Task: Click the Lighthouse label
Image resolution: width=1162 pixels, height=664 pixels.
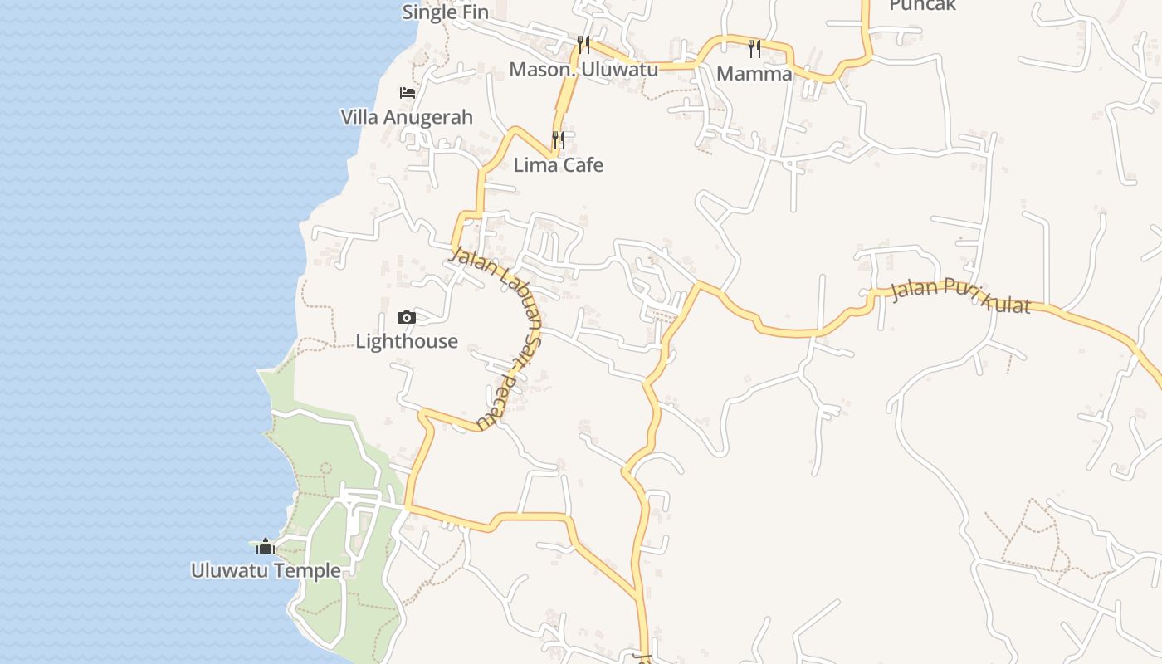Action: [407, 341]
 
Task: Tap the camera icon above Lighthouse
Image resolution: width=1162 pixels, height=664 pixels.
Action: [406, 317]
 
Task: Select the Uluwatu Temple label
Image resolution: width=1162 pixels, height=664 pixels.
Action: [266, 570]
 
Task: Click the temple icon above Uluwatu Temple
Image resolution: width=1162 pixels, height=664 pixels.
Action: [266, 546]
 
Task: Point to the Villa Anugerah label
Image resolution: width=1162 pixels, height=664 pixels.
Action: [407, 117]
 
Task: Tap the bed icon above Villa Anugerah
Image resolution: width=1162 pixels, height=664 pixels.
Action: [407, 92]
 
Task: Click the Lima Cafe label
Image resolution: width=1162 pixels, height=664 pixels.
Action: [559, 164]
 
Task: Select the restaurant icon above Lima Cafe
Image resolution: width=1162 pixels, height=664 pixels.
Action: [559, 139]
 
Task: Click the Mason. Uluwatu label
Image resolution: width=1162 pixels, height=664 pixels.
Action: [583, 69]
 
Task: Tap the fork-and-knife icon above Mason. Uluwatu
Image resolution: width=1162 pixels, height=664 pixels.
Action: [583, 44]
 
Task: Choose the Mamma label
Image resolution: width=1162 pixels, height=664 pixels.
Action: [754, 73]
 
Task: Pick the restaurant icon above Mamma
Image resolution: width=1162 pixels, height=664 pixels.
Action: [754, 48]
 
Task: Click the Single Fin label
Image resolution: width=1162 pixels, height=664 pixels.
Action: [445, 12]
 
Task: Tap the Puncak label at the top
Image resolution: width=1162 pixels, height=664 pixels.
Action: [922, 5]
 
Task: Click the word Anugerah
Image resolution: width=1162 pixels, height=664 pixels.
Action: [427, 117]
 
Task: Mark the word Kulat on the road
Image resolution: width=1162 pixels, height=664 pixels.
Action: [1005, 302]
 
